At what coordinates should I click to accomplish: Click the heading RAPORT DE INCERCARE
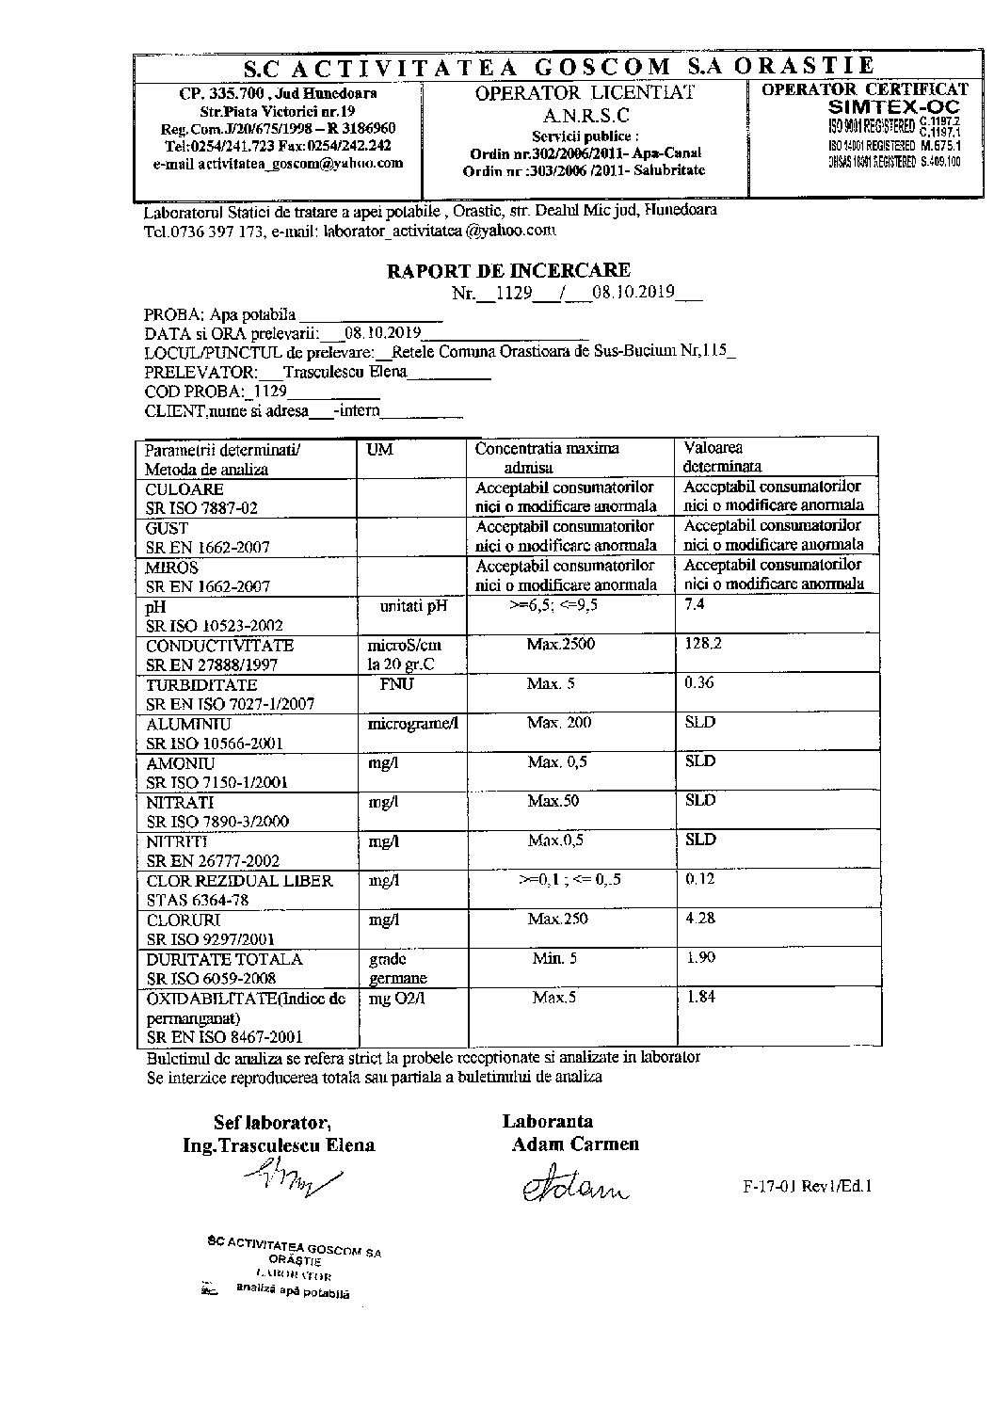coord(509,271)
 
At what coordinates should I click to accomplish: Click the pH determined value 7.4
coord(695,605)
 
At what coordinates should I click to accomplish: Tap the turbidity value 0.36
coord(699,683)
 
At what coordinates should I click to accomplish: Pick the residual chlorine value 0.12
coord(700,879)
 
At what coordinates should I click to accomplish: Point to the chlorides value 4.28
coord(700,919)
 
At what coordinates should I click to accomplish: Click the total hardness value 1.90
coord(701,957)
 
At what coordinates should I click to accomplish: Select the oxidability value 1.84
coord(701,997)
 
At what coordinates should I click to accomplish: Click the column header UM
coord(379,450)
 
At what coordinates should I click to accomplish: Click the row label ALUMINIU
coord(188,725)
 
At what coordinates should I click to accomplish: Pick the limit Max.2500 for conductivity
coord(561,645)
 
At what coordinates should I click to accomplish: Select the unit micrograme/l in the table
coord(412,724)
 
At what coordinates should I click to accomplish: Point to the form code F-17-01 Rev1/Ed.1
coord(808,1187)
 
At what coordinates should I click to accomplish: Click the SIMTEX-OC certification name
coord(892,107)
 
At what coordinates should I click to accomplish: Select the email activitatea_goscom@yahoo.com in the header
coord(278,163)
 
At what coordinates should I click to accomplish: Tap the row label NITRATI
coord(180,803)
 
